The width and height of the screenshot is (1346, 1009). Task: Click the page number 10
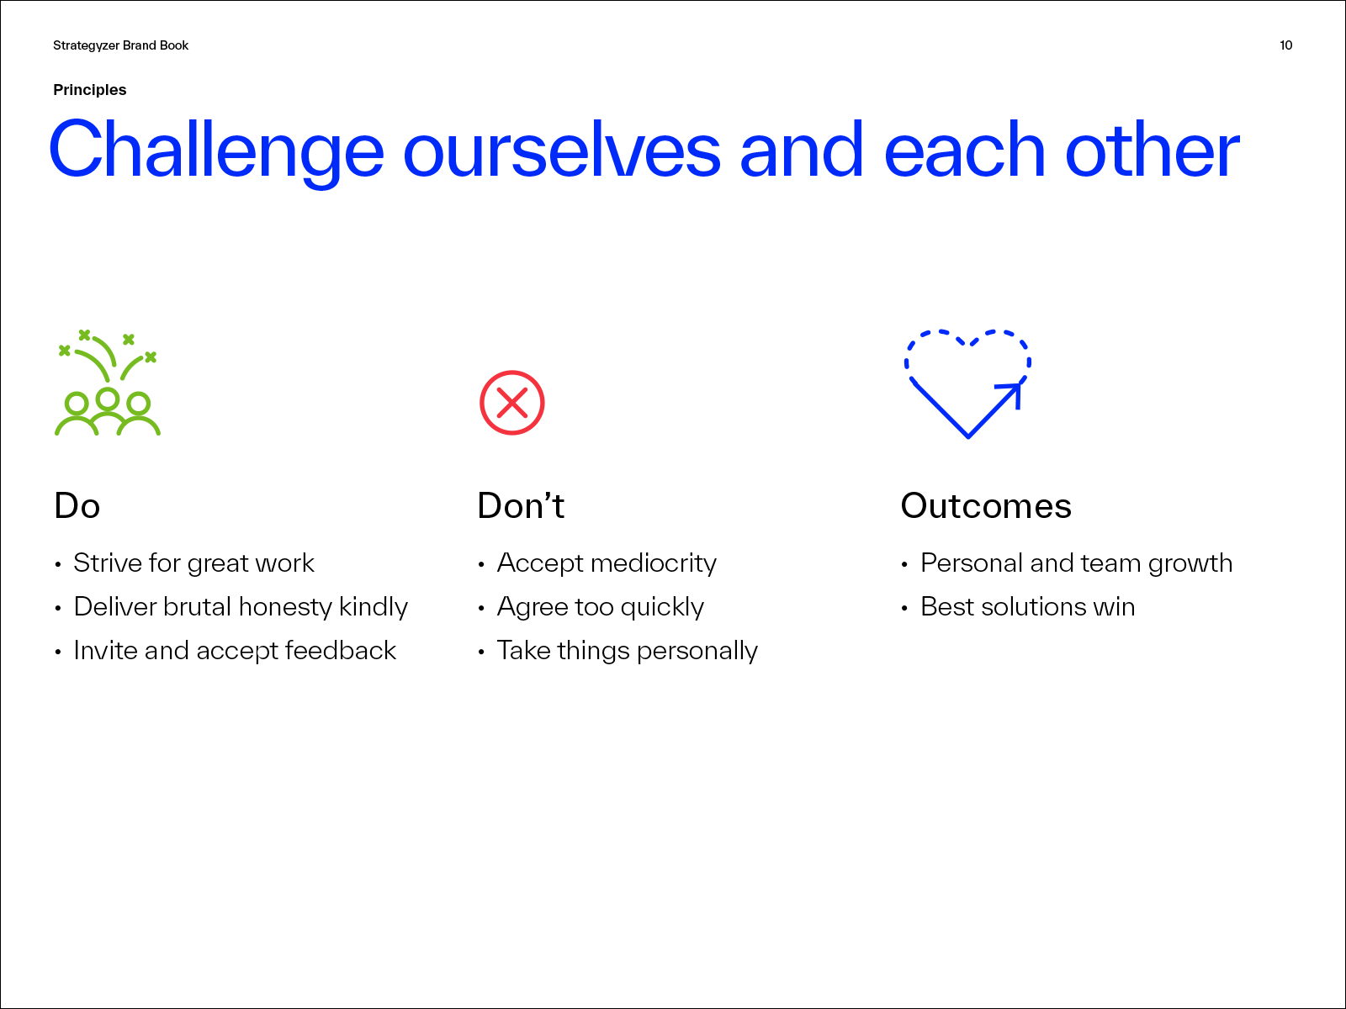1285,45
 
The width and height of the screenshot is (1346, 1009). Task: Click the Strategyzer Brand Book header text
121,46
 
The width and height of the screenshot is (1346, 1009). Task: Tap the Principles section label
89,90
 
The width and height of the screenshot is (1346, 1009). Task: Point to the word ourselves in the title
562,151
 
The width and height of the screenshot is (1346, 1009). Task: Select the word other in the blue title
1153,151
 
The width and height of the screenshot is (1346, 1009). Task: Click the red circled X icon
512,403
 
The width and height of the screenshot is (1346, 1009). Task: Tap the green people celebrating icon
108,383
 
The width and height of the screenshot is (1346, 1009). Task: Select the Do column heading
77,506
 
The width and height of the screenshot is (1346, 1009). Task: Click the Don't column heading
521,506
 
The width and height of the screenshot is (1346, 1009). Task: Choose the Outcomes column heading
986,506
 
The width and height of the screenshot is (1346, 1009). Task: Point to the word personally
697,652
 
